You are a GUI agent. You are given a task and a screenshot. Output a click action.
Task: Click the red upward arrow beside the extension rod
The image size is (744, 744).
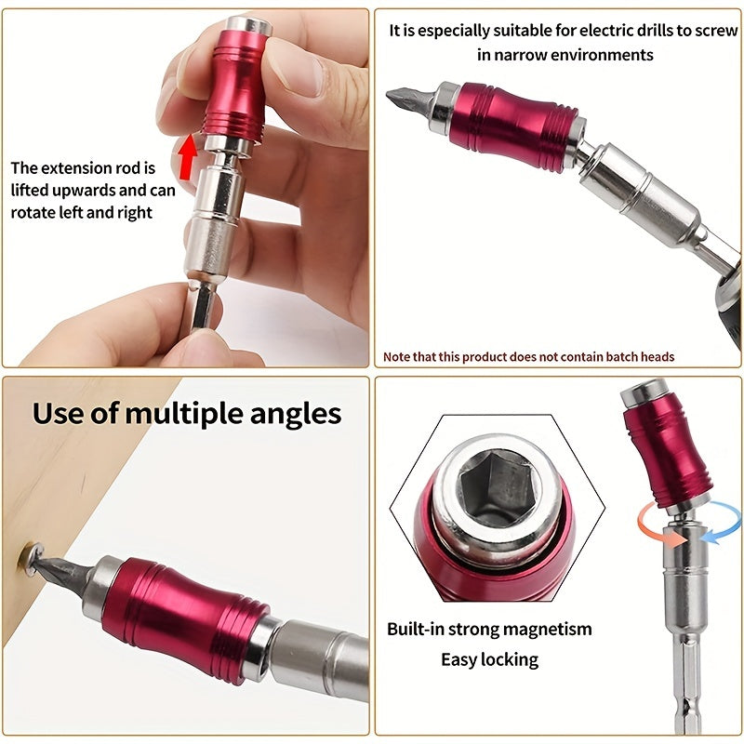click(189, 155)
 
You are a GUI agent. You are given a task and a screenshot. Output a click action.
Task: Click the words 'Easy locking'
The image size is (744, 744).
click(489, 659)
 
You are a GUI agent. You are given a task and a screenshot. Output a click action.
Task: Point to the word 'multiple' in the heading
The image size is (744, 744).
click(185, 413)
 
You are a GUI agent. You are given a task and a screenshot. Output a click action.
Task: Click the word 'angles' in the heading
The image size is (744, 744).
click(297, 413)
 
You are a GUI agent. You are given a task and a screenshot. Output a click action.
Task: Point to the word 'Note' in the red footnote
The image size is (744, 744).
click(399, 356)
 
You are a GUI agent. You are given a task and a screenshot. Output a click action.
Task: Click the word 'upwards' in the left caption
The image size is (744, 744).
click(96, 191)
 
